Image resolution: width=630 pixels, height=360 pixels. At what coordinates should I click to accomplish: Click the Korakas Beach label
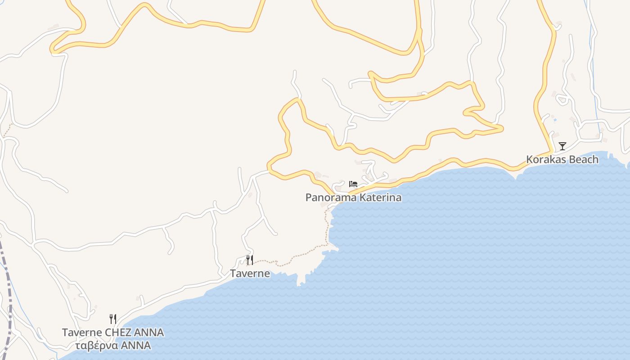562,159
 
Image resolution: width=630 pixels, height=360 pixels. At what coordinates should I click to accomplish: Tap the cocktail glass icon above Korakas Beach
562,146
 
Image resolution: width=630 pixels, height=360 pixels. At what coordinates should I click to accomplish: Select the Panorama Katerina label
353,198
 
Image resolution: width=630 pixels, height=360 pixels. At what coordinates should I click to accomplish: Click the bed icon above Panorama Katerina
353,184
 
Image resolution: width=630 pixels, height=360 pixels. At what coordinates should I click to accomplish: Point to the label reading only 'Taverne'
250,274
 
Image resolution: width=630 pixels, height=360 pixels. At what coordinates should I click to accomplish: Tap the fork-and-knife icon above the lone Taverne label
250,260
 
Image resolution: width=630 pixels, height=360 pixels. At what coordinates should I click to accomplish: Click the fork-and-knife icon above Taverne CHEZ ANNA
113,319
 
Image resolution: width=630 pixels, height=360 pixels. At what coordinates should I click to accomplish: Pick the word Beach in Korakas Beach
582,159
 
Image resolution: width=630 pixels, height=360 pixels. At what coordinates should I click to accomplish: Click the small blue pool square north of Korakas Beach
554,120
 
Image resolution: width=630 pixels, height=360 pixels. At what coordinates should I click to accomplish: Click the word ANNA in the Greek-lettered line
134,346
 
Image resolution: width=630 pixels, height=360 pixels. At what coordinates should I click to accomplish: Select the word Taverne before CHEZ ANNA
81,333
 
